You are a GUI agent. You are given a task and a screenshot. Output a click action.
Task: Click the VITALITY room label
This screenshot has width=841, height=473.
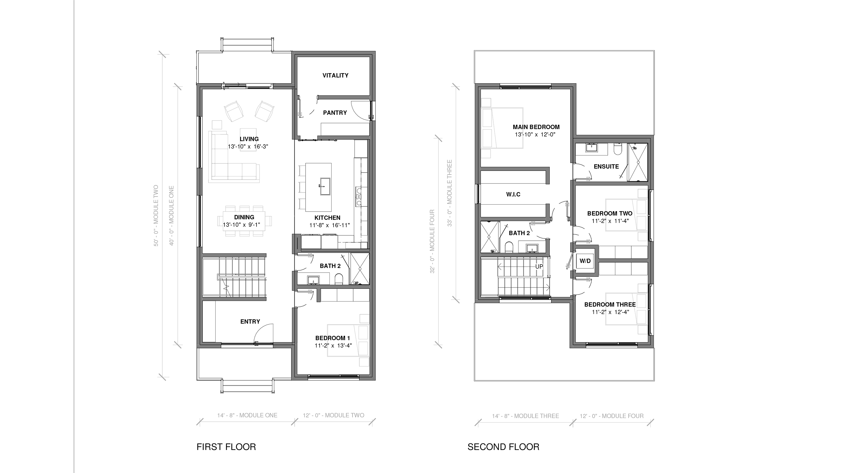[x=335, y=75]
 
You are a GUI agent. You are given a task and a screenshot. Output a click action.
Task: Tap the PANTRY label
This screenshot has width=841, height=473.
[x=335, y=113]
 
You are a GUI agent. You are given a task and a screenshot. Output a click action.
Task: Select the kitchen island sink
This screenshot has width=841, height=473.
[x=325, y=186]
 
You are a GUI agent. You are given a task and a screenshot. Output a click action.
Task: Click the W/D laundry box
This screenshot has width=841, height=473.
[x=585, y=261]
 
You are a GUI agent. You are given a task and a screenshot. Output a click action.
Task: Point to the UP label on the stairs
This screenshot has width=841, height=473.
[x=539, y=266]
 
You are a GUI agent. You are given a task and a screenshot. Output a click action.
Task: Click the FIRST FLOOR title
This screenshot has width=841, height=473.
[x=226, y=447]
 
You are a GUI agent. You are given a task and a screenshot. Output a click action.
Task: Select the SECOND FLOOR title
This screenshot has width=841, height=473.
[x=503, y=447]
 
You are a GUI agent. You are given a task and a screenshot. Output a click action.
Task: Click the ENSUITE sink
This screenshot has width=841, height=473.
[x=591, y=148]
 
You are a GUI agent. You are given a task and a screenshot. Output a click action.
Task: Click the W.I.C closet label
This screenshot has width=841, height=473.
[x=513, y=194]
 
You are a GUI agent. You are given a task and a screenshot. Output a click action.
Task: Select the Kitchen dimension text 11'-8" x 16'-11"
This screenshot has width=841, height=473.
[x=329, y=225]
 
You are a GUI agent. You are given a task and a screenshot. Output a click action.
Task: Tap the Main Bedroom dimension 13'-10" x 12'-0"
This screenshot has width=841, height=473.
[x=535, y=135]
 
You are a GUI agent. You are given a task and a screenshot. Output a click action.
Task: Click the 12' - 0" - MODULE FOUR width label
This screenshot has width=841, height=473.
[x=611, y=416]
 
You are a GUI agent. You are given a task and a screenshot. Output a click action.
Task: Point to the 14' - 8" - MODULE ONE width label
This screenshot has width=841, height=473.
[x=247, y=415]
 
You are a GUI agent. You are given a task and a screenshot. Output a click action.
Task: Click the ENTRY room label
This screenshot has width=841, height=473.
[x=250, y=321]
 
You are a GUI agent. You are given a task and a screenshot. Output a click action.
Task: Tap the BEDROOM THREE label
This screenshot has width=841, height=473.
[x=610, y=305]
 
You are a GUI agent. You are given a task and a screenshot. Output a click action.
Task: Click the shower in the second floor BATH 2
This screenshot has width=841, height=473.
[x=490, y=237]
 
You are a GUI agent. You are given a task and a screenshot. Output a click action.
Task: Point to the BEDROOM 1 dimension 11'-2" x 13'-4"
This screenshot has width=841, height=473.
[x=333, y=346]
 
